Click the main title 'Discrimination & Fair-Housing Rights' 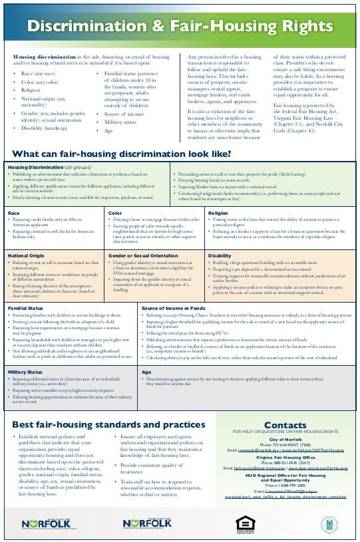point(180,27)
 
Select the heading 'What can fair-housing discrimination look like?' point(122,154)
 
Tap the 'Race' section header point(14,213)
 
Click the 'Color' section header point(114,213)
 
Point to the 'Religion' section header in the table point(218,213)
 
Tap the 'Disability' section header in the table point(220,255)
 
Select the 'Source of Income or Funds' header point(172,308)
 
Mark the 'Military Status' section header point(25,372)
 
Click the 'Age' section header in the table point(146,372)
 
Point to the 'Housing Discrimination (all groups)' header point(49,166)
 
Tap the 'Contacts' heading point(285,425)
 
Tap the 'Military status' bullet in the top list point(120,122)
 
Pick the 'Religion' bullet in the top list point(31,90)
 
